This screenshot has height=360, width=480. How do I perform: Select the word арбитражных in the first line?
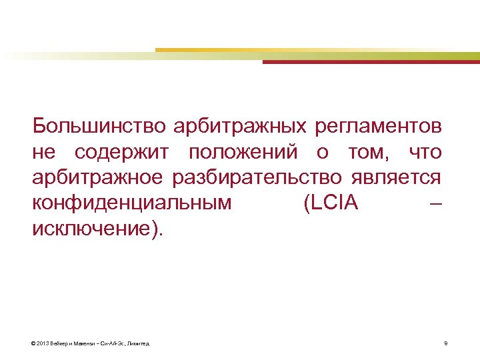[x=241, y=125]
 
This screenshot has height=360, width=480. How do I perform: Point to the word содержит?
[x=127, y=152]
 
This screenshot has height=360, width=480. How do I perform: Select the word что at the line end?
[x=425, y=152]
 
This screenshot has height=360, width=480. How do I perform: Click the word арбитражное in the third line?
[x=97, y=178]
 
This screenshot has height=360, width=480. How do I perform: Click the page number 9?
[x=445, y=344]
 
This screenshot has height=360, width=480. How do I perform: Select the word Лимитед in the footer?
[x=138, y=344]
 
